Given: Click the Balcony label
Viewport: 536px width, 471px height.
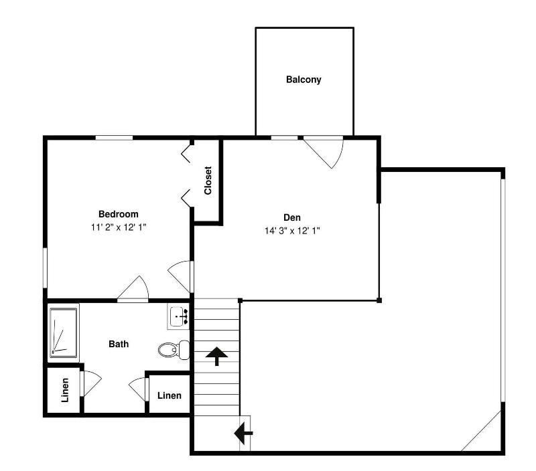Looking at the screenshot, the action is pos(304,80).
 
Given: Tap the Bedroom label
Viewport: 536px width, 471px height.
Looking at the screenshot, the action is pos(119,214).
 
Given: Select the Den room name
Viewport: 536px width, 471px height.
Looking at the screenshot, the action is pos(292,217).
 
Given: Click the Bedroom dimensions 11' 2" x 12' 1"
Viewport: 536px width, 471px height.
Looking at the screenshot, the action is pos(119,227).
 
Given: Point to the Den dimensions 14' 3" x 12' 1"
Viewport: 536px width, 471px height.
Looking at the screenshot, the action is pos(292,231).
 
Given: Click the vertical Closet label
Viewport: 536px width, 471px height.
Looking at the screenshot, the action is pos(208,180).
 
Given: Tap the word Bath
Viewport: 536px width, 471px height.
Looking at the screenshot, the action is pos(119,344).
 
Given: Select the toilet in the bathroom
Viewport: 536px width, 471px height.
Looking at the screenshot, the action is pos(174,349).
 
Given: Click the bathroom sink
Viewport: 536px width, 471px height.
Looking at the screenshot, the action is pos(178,316).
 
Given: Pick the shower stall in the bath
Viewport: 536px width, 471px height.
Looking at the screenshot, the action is pos(64,333).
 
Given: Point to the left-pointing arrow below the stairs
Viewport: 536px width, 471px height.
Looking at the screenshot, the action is pos(243,434).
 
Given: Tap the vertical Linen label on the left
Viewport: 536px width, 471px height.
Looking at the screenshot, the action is pos(65,390).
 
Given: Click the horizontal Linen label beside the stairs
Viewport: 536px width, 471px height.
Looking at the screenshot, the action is pos(170,395).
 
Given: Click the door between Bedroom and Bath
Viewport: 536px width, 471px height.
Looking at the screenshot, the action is pos(133,289).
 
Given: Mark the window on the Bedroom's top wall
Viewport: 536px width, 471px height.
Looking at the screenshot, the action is pos(114,138).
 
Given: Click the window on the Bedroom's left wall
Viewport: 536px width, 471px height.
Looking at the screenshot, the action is pos(45,268).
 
